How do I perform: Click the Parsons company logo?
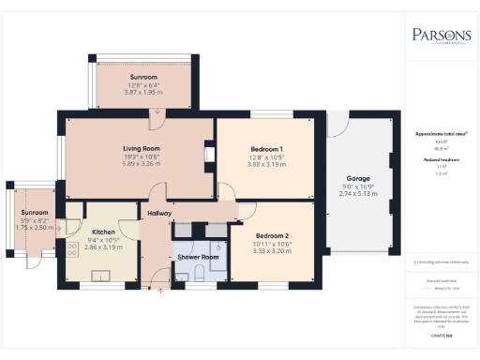[442, 37]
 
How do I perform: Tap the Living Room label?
[143, 148]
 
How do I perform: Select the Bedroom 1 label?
[266, 149]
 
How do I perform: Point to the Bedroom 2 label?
[272, 235]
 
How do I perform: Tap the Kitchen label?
[103, 231]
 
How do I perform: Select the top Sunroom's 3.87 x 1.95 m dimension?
[143, 91]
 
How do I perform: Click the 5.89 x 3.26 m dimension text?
[143, 162]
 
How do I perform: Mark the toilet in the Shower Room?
[200, 273]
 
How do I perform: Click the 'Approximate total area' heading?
[441, 134]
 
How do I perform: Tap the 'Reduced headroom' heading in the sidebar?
[441, 160]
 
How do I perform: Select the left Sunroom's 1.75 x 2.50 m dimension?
[36, 228]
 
